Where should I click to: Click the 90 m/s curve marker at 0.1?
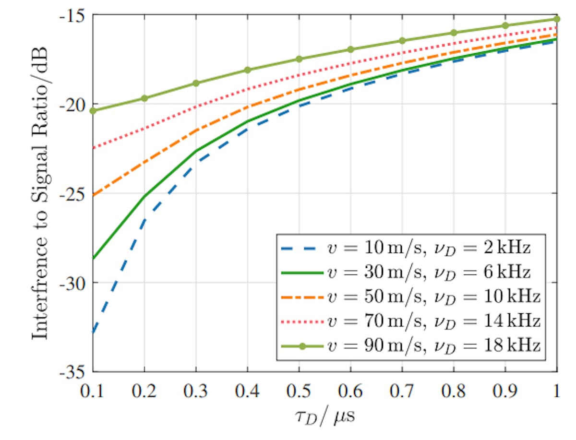pos(93,111)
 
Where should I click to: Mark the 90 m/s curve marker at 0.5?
pos(299,59)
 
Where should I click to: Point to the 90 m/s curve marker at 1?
pos(557,19)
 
